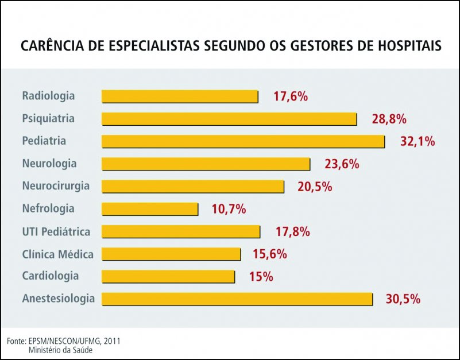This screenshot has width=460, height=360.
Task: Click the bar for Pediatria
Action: [x=243, y=141]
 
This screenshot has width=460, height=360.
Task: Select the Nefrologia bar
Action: [x=150, y=209]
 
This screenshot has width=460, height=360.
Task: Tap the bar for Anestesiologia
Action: [x=237, y=299]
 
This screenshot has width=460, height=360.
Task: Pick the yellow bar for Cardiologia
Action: [x=168, y=277]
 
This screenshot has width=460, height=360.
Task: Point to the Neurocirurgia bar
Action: [x=193, y=187]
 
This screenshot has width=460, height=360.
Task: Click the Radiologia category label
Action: [x=48, y=96]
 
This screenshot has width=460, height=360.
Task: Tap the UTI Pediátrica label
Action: [x=56, y=231]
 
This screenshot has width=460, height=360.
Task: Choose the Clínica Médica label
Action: [x=57, y=254]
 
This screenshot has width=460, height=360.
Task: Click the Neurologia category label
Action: [x=49, y=164]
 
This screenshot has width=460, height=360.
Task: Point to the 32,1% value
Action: [x=418, y=141]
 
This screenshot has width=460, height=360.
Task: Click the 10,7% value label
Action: [x=229, y=209]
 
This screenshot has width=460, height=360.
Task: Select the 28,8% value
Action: [x=389, y=119]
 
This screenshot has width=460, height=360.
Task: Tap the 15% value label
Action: [x=261, y=277]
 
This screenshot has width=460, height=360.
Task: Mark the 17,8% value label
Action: [x=292, y=231]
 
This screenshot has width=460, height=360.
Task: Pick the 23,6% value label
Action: [x=342, y=164]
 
